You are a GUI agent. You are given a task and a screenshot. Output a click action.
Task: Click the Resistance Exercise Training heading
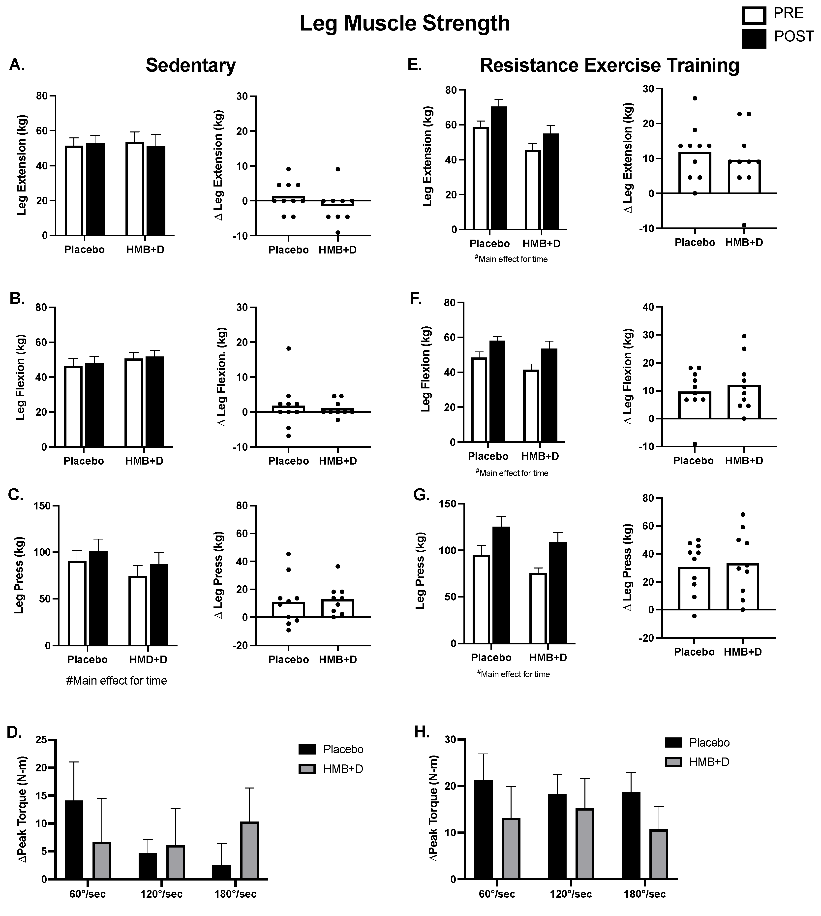pos(609,65)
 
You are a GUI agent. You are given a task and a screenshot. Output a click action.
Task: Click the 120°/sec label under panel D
pos(161,894)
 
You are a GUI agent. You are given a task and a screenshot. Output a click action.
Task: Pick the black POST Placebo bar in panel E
pos(499,168)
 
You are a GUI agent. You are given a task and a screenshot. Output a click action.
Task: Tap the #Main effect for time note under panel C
pos(116,680)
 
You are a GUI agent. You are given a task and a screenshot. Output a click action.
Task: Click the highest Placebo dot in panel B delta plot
pos(288,348)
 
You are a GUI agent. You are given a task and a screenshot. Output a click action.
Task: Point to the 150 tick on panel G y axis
pos(448,504)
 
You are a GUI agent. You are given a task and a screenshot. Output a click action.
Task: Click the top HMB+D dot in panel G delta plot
pos(742,514)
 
